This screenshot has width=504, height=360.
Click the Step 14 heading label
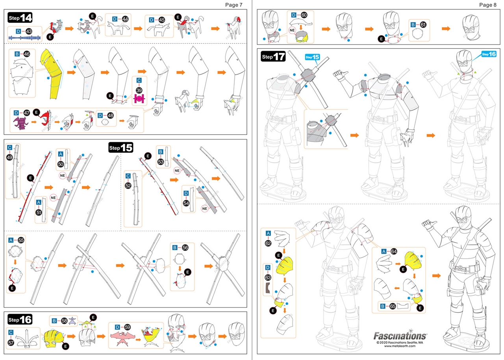20,18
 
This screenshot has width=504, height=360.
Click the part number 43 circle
29,31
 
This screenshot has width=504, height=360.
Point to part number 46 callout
27,53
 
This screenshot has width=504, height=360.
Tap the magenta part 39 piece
139,99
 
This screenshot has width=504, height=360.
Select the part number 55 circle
21,239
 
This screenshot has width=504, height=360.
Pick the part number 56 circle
185,247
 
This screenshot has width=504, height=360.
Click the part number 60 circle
304,15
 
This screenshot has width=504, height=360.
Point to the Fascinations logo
400,336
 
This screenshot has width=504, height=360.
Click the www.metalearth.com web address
400,346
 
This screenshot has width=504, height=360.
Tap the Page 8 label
488,5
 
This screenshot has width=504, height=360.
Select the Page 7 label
234,5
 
